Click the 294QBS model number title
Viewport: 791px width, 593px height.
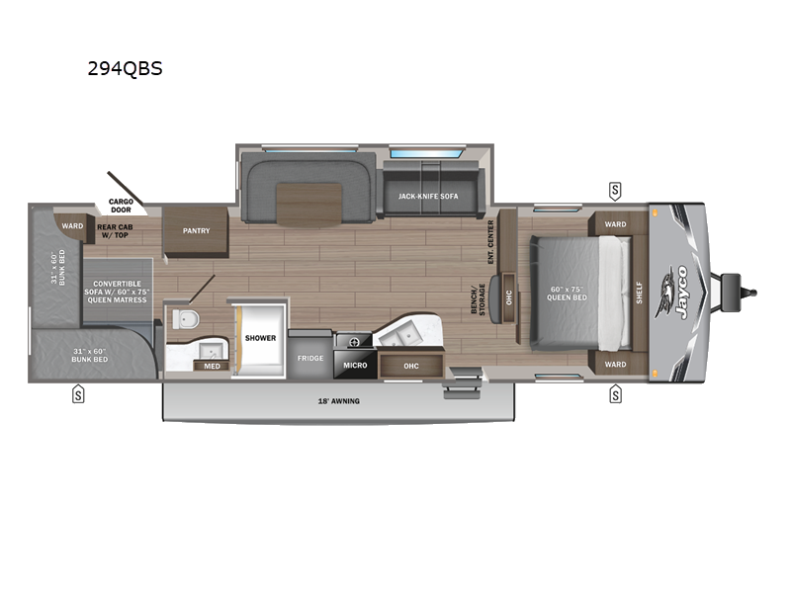[126, 68]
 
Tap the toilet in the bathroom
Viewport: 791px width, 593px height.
[186, 319]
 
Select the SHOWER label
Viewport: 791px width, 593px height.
[260, 338]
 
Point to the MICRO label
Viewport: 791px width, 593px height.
[355, 365]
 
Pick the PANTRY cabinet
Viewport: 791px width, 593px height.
[196, 231]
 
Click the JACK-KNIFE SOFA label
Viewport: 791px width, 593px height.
[428, 196]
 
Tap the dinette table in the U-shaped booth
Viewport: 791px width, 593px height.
[309, 204]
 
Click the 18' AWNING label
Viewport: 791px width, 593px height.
[338, 401]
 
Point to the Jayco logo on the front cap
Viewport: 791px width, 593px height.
[672, 293]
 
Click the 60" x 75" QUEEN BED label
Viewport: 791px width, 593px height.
[567, 294]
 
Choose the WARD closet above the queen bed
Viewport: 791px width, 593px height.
[615, 224]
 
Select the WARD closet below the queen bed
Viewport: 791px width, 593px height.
[615, 364]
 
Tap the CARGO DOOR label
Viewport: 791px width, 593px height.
[121, 206]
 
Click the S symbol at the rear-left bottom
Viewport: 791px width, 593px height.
[78, 394]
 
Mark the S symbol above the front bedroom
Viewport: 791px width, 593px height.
[615, 191]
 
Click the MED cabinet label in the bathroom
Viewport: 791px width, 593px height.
[212, 366]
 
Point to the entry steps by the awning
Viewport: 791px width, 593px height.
[463, 382]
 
